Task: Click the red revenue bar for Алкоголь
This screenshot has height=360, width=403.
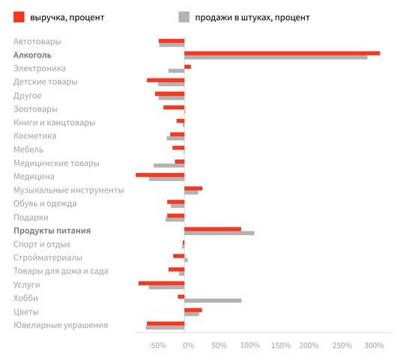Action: point(282,53)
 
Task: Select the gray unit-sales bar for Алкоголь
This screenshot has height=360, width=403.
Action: point(276,58)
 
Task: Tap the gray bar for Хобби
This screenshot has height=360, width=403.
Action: point(213,301)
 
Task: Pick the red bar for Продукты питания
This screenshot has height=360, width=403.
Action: point(213,229)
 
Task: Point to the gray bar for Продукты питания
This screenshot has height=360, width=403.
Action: point(219,234)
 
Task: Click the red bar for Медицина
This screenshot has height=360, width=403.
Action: point(160,175)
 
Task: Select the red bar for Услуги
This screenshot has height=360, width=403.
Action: point(161,283)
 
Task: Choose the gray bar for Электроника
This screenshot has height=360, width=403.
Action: point(176,71)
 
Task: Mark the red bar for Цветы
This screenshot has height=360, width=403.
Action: point(193,310)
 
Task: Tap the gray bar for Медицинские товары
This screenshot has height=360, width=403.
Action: point(169,165)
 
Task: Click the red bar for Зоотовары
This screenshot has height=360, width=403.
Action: point(174,107)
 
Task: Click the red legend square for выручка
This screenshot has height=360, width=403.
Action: point(19,17)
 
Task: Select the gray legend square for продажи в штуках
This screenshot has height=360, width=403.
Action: point(184,17)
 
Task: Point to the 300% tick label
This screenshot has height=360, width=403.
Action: point(374,345)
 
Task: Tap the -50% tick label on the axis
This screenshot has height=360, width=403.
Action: point(157,345)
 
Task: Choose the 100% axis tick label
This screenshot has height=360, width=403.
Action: point(250,345)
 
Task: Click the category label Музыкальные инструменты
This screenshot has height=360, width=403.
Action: point(69,190)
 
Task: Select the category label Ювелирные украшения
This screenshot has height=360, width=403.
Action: point(61,326)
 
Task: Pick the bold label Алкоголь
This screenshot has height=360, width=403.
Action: point(32,55)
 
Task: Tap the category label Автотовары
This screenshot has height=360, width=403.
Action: point(37,42)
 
